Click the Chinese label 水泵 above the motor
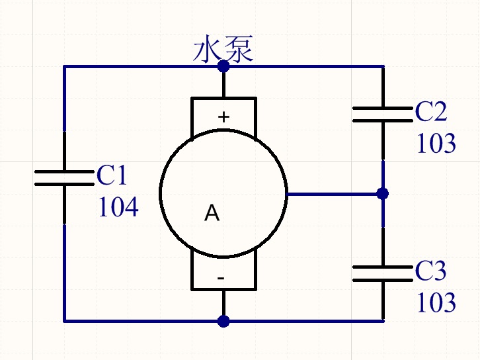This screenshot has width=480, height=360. pyautogui.click(x=223, y=49)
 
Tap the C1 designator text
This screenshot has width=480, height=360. pyautogui.click(x=112, y=175)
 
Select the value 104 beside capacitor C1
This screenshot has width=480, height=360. pyautogui.click(x=118, y=207)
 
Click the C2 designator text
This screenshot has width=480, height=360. pyautogui.click(x=431, y=112)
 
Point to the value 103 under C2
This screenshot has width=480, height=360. pyautogui.click(x=436, y=143)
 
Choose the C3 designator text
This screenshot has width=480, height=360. pyautogui.click(x=430, y=271)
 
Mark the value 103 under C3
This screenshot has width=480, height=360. pyautogui.click(x=436, y=302)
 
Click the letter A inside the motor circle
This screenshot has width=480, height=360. pyautogui.click(x=212, y=213)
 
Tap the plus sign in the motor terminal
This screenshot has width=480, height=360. pyautogui.click(x=223, y=116)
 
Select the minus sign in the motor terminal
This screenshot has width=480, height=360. pyautogui.click(x=221, y=278)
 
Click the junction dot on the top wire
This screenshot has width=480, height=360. pyautogui.click(x=223, y=66)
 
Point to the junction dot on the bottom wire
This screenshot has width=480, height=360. pyautogui.click(x=223, y=321)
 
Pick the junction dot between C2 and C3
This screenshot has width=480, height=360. pyautogui.click(x=383, y=194)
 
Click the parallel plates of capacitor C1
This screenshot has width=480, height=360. pyautogui.click(x=64, y=178)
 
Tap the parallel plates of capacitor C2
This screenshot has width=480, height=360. pyautogui.click(x=383, y=114)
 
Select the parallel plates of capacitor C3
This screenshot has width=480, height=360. pyautogui.click(x=383, y=273)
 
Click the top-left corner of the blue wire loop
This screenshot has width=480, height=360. pyautogui.click(x=64, y=66)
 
